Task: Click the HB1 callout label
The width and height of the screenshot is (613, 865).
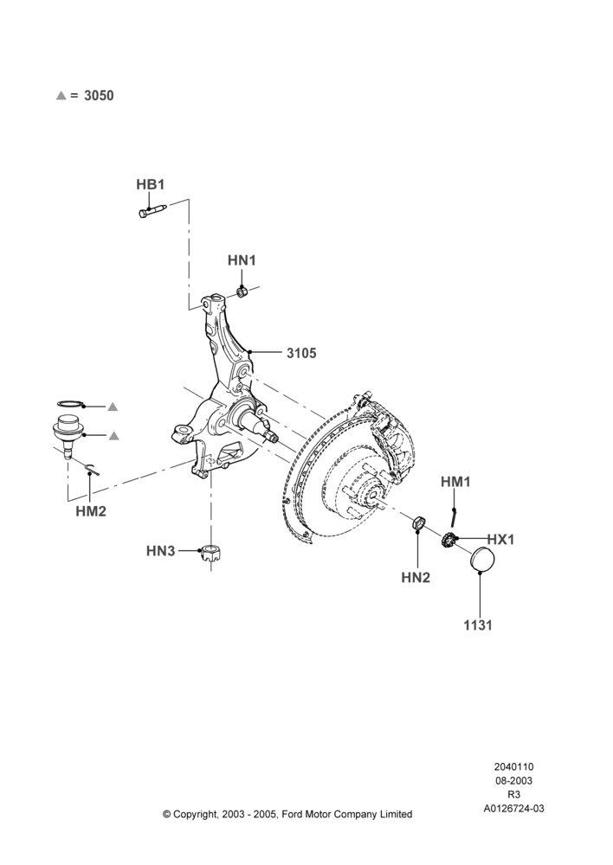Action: (150, 184)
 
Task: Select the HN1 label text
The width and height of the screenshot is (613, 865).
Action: (242, 260)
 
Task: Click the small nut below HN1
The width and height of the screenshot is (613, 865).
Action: (241, 291)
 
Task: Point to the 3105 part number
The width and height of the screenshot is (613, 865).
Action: (301, 353)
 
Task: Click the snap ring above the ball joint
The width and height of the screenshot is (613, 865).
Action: (71, 403)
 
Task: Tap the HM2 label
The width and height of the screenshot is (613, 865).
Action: (91, 511)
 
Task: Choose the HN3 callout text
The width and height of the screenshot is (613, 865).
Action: (161, 550)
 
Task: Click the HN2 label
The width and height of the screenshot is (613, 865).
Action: (416, 578)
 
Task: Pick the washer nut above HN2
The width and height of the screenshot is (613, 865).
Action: (419, 522)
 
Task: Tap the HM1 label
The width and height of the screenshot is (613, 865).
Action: (455, 482)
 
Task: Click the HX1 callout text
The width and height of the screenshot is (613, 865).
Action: (500, 540)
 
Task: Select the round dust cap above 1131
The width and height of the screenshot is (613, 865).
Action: (482, 561)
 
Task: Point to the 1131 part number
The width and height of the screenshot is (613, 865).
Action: (478, 625)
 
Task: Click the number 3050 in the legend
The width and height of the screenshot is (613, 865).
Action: (99, 95)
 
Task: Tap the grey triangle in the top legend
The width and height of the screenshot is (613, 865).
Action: (61, 95)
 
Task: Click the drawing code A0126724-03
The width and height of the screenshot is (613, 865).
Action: (513, 809)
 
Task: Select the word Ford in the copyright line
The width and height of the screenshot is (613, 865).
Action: (292, 814)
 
